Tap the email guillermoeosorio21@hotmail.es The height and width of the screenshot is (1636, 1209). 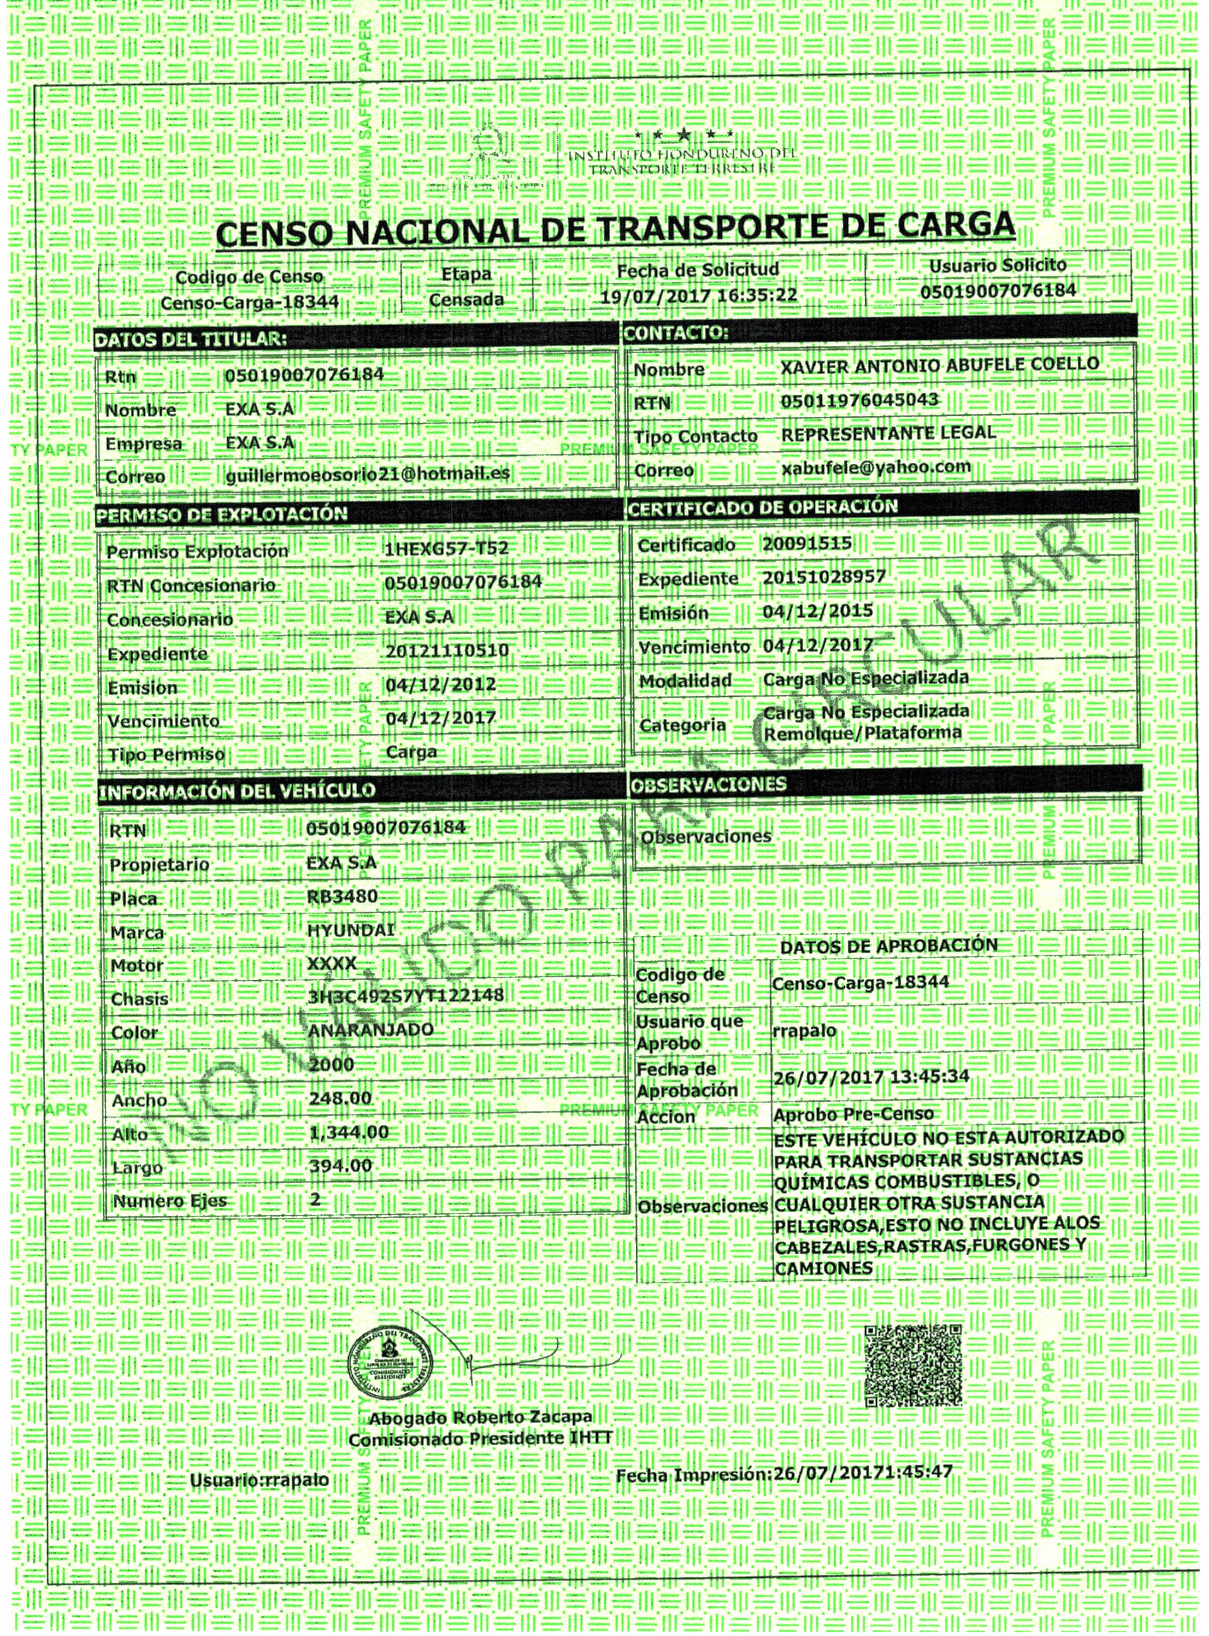coord(368,474)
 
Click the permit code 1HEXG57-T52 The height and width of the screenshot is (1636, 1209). coord(446,549)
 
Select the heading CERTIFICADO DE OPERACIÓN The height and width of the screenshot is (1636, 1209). coord(763,507)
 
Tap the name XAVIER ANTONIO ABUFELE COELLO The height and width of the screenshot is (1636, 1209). coord(939,364)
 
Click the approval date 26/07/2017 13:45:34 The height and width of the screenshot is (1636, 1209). coord(871,1077)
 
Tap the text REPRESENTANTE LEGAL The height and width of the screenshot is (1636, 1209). coord(888,432)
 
